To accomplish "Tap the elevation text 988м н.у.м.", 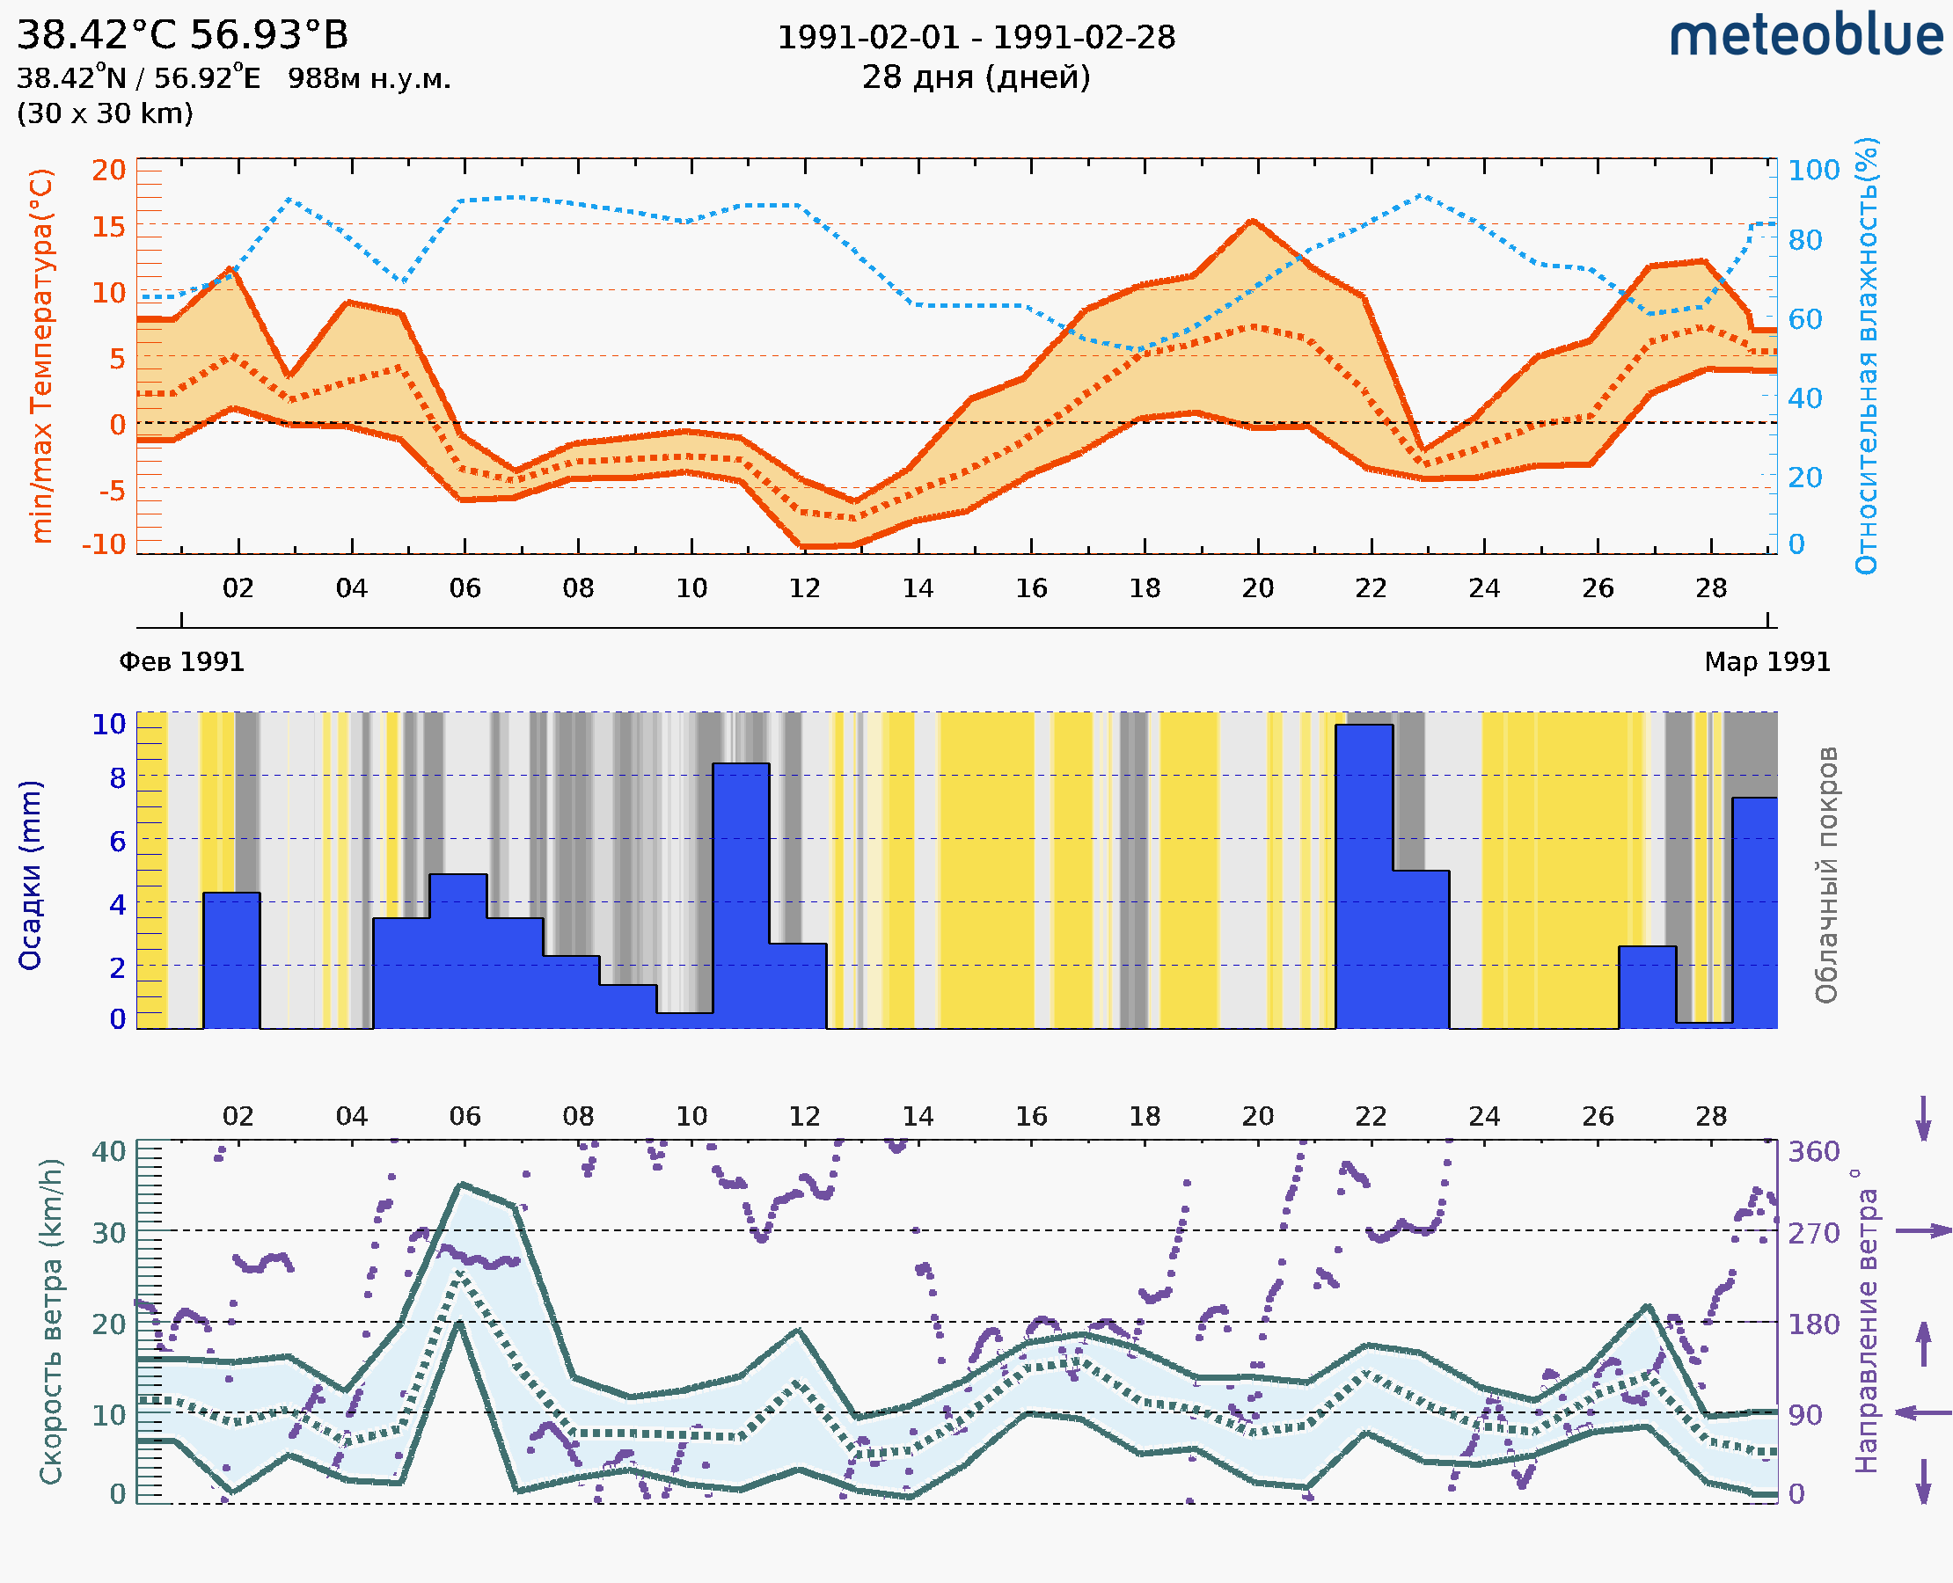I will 369,78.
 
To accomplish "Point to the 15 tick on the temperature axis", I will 108,225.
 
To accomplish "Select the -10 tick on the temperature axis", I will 103,543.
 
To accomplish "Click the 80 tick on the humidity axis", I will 1804,240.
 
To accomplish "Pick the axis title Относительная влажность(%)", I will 1866,355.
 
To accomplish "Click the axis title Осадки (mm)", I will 30,875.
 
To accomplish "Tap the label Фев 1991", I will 181,661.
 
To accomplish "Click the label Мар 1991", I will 1766,661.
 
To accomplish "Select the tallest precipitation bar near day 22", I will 1364,875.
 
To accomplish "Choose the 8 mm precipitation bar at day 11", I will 741,894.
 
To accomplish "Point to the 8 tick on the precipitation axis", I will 117,777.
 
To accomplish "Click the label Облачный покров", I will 1825,875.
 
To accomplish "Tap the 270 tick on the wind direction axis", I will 1813,1233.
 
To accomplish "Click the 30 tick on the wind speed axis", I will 108,1233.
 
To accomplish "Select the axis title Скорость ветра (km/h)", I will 51,1322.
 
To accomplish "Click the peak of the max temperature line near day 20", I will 1253,221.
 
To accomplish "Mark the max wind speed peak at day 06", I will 463,1185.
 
